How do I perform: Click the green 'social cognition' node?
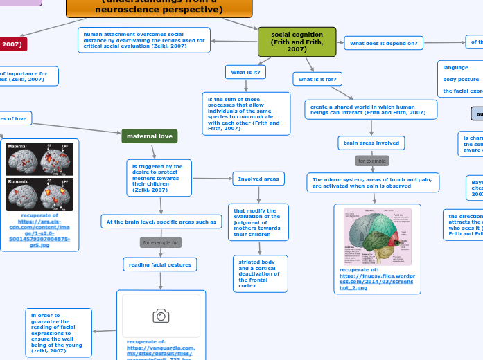coord(297,42)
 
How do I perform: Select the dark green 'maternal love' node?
coord(150,136)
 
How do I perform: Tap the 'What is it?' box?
coord(245,72)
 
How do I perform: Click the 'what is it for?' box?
coord(317,80)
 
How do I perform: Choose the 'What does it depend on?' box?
coord(383,43)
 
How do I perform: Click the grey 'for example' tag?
coord(371,161)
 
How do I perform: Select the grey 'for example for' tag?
coord(161,243)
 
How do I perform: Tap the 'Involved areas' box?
coord(258,179)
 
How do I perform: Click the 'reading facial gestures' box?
coord(160,264)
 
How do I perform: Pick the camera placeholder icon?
coord(161,316)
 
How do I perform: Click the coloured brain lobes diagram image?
coord(377,236)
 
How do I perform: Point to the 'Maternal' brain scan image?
coord(39,159)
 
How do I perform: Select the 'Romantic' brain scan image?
coord(39,195)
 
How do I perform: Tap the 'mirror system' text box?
coord(372,183)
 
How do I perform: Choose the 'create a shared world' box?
coord(371,109)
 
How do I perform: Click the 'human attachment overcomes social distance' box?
coord(143,40)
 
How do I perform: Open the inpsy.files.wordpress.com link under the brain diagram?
coord(376,280)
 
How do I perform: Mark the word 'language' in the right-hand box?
coord(455,68)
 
